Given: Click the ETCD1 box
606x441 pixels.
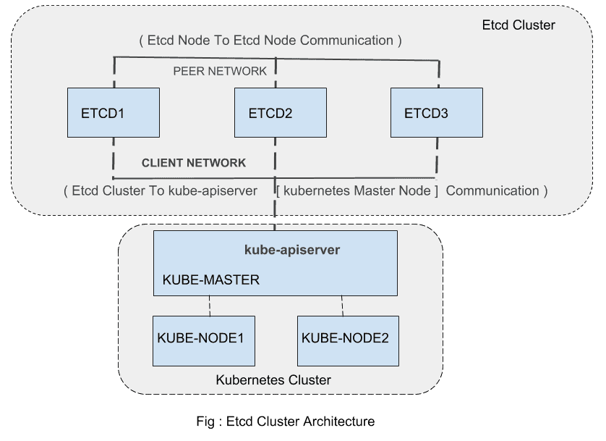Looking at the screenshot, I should coord(114,112).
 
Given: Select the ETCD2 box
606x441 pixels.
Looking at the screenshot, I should coord(280,112).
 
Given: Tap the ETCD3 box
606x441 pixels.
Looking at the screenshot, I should coord(436,112).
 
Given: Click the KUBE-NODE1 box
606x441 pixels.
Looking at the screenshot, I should coord(203,340).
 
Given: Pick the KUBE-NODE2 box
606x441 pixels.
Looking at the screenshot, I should coord(348,340).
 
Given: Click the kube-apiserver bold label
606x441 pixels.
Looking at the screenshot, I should coord(292,250).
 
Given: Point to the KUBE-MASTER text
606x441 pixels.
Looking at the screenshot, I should coord(210,280).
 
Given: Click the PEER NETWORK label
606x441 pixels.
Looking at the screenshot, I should coord(220,71).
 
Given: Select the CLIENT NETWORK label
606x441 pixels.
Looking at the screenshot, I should coord(194,163).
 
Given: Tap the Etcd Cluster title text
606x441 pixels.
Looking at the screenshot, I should coord(518,25).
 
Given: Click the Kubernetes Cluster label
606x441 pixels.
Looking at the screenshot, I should coord(273,379).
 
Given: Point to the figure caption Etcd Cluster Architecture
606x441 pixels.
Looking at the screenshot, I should coord(285,421).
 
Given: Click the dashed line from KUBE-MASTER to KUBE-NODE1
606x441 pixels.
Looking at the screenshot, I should coord(210,305).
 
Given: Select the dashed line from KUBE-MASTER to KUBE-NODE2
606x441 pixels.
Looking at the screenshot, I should coord(342,305).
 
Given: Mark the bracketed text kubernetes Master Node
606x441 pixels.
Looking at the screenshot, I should coord(357,190).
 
